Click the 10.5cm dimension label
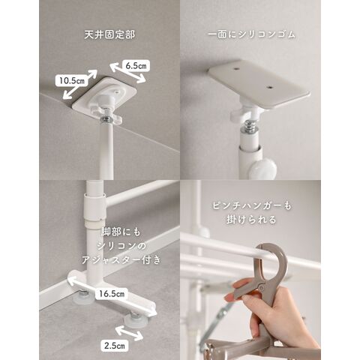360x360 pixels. (x=71, y=80)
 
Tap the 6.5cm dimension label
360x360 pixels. (x=136, y=66)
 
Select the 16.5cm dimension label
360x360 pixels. (x=112, y=293)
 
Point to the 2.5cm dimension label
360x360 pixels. (x=115, y=346)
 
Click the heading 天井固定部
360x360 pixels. (x=109, y=34)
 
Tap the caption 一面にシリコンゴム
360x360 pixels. (x=251, y=34)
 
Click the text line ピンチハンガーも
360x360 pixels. (x=252, y=206)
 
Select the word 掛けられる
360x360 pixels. (x=251, y=220)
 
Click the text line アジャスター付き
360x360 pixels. (x=121, y=260)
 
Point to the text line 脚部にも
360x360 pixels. (x=121, y=232)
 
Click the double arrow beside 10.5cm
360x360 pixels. (x=79, y=84)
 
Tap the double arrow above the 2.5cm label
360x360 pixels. (x=129, y=333)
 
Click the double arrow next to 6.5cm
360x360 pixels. (x=127, y=73)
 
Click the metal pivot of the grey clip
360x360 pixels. (x=262, y=286)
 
